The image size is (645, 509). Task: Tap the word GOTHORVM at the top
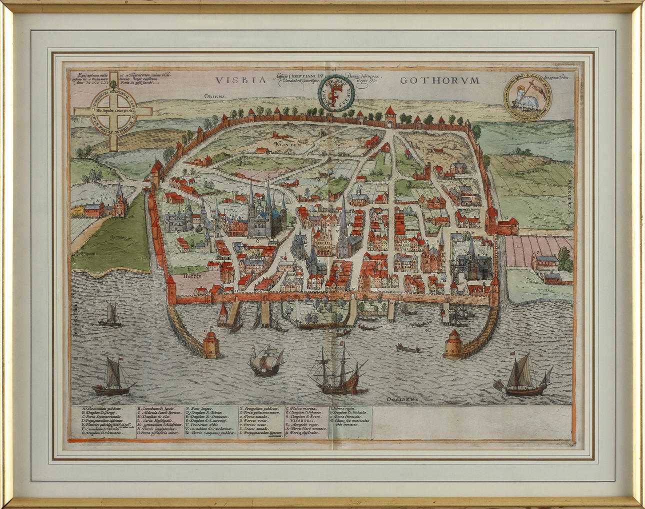440,80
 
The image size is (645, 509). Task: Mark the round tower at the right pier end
454,344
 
